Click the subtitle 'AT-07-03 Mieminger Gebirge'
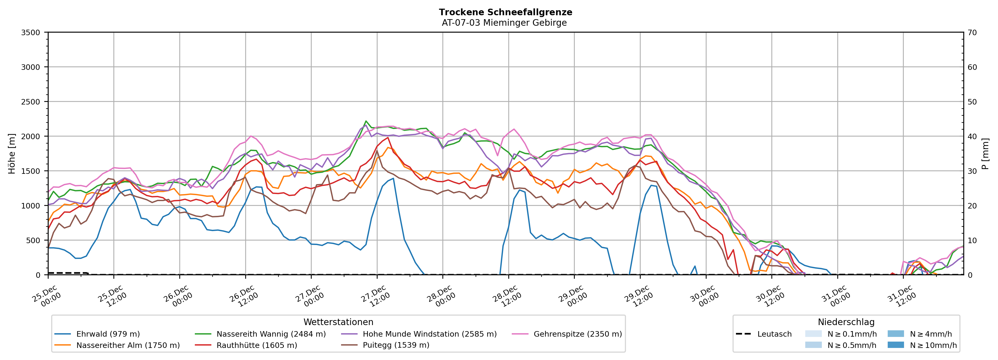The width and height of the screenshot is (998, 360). [504, 23]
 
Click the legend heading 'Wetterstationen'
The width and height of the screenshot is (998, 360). [338, 322]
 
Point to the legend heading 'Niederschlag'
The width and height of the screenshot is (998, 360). [846, 322]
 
